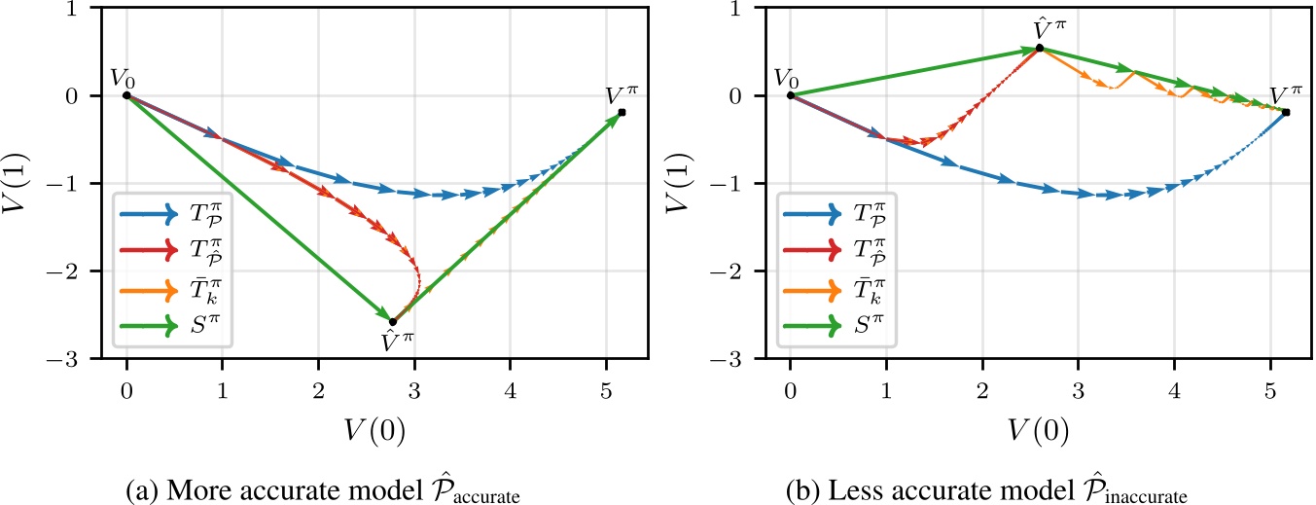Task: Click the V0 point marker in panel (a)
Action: point(126,95)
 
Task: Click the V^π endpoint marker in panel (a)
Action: point(622,113)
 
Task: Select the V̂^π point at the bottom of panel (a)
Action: point(393,322)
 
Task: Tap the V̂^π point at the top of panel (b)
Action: point(1040,48)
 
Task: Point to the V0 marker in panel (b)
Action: point(790,95)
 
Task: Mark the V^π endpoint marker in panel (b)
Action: point(1286,113)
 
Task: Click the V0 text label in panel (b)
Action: point(792,78)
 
